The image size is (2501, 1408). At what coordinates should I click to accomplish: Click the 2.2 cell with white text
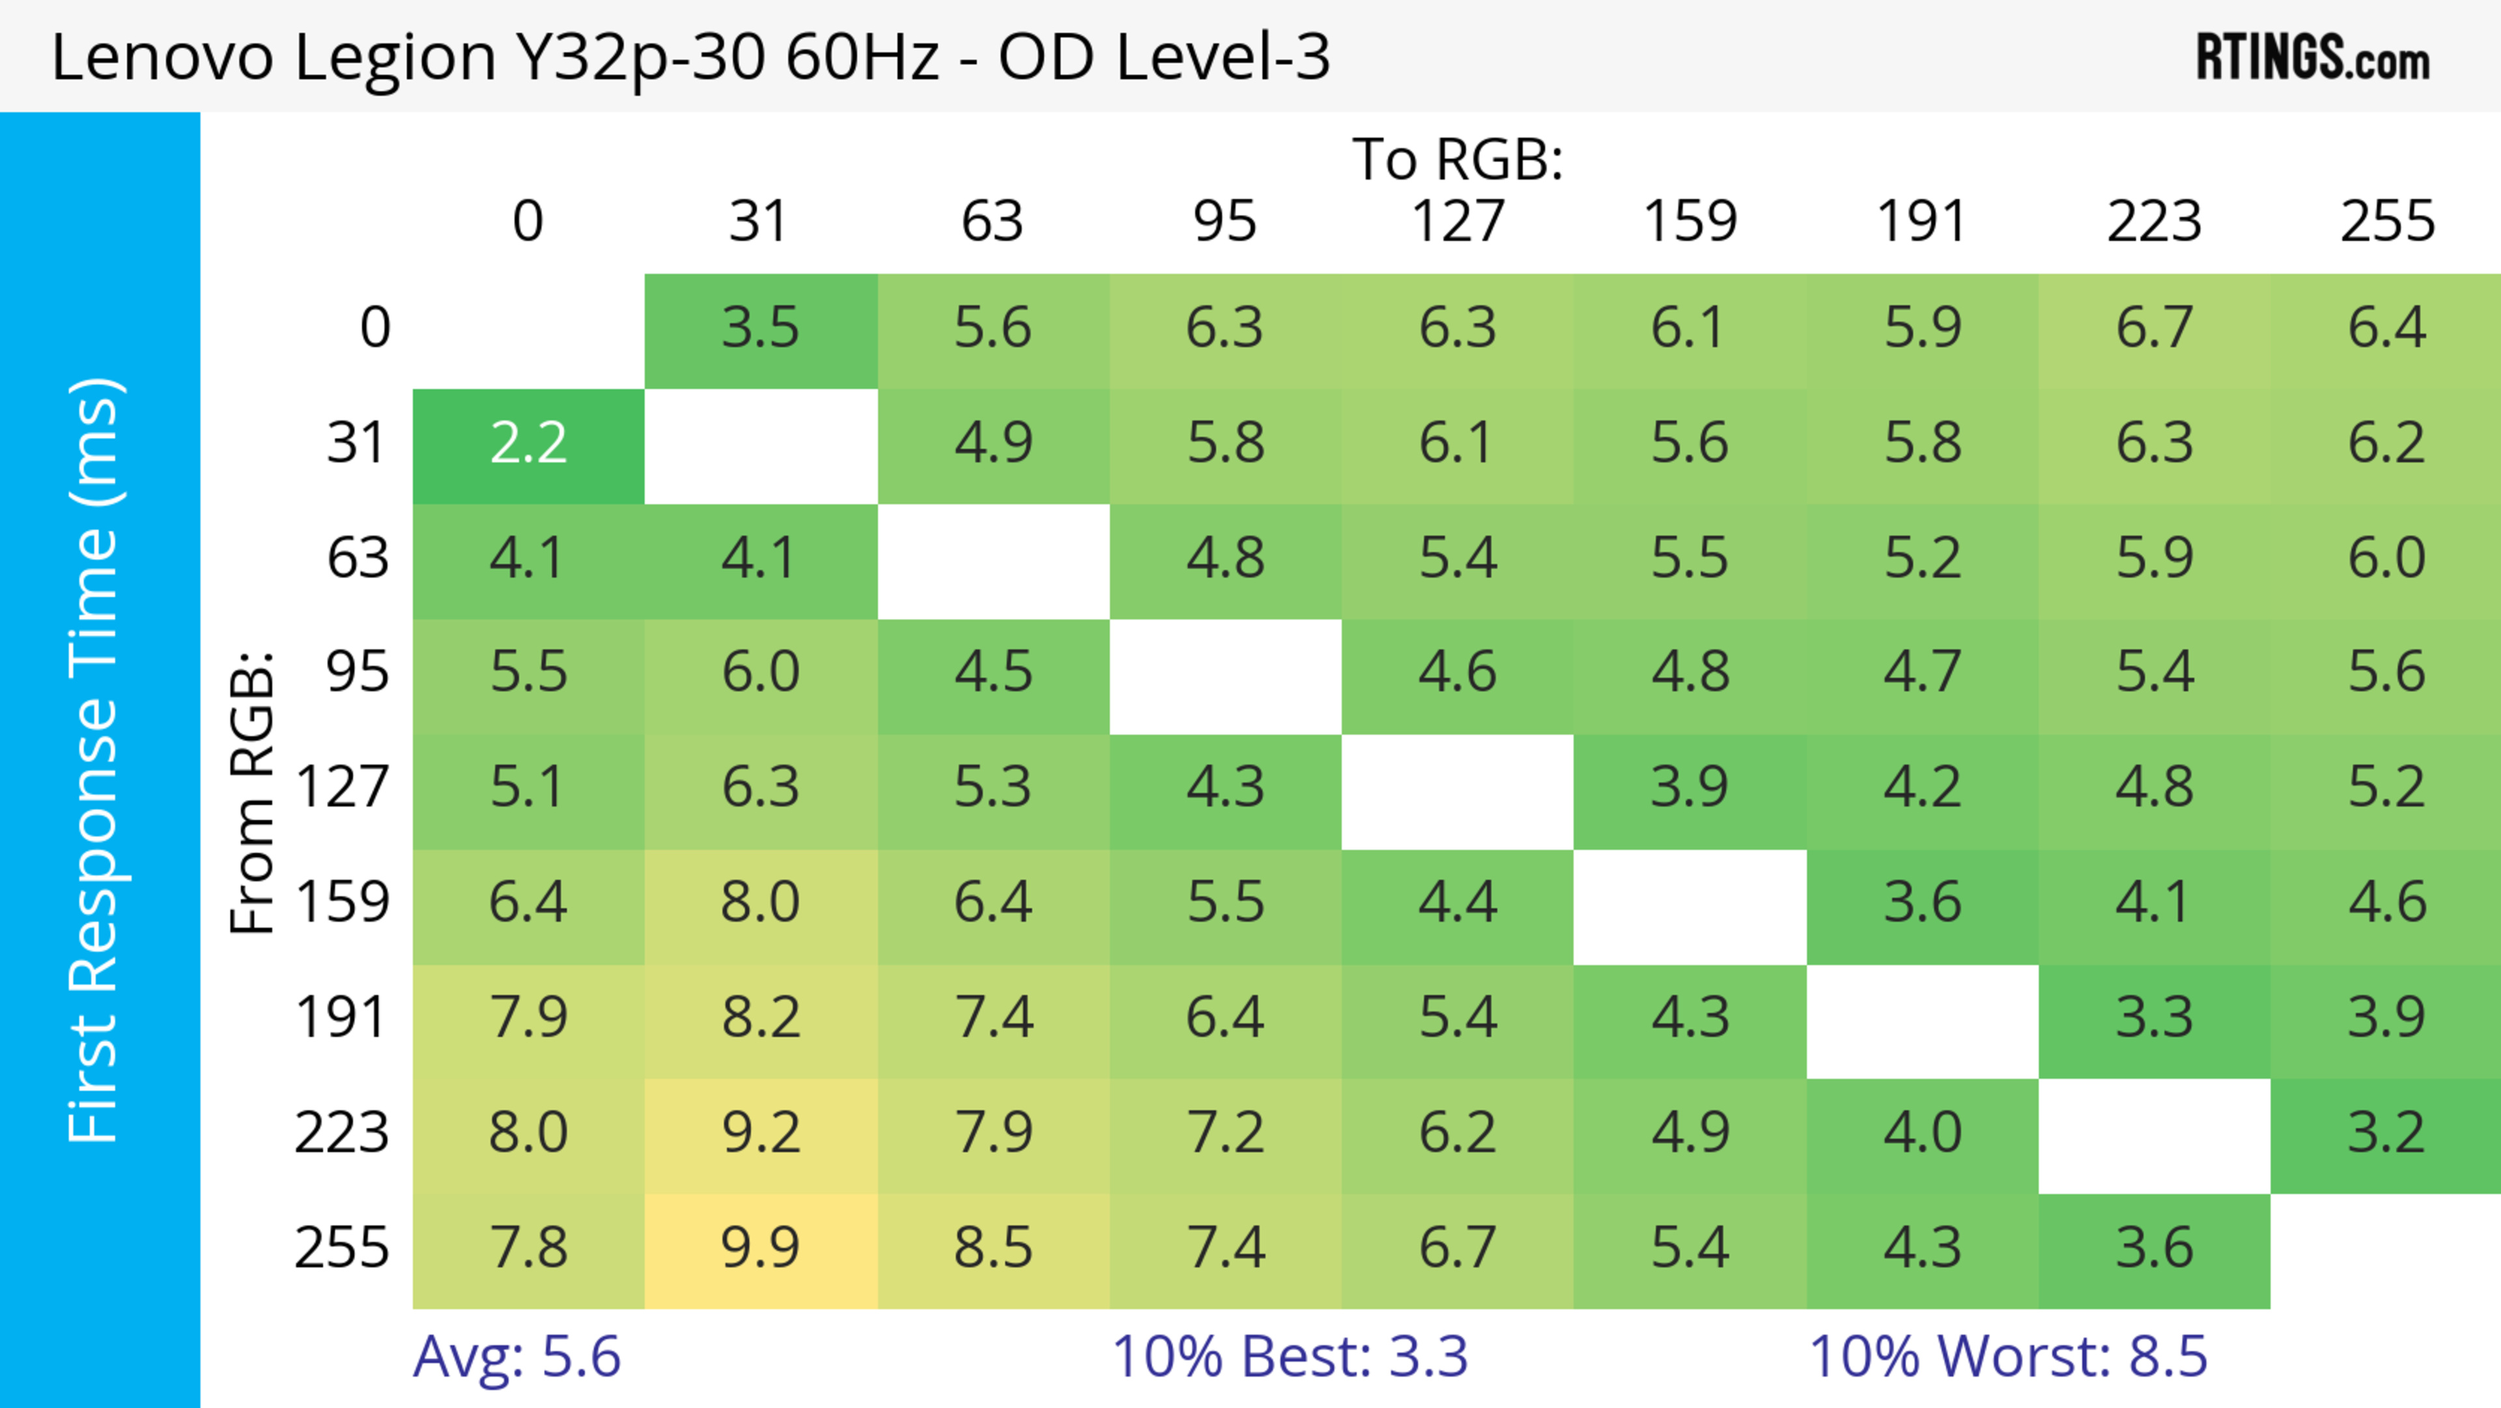[528, 444]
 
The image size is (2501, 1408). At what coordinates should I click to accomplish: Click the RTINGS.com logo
[2313, 58]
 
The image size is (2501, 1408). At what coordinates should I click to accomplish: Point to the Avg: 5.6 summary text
[516, 1357]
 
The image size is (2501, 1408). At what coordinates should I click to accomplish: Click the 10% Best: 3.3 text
[1290, 1357]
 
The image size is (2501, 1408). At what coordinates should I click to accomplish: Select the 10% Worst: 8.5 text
[2008, 1357]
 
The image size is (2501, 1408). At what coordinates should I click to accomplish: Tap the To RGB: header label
[1458, 159]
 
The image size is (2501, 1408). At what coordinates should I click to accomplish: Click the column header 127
[1458, 222]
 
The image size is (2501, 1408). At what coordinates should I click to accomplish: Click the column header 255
[2386, 222]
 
